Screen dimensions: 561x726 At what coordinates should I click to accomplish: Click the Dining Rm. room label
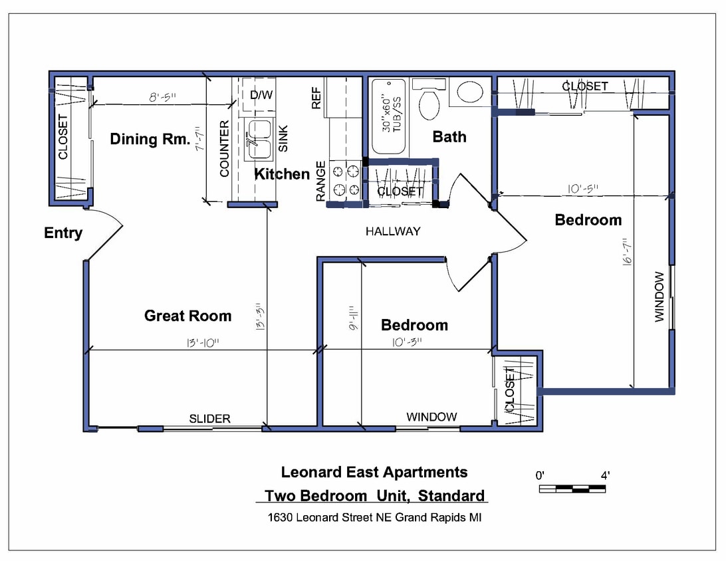tap(150, 139)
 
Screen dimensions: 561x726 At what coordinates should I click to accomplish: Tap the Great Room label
tap(187, 316)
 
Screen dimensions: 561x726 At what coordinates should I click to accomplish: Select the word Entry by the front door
tap(63, 233)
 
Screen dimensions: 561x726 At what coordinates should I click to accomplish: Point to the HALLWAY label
tap(393, 231)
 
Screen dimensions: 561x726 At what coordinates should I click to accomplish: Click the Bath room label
tap(449, 137)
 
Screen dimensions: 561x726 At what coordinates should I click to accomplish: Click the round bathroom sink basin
tap(470, 92)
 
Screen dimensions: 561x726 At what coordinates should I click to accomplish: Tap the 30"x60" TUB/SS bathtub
tap(388, 116)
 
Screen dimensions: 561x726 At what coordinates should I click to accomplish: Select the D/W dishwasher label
tap(261, 95)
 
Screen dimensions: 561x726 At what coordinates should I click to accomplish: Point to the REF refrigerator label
tap(316, 97)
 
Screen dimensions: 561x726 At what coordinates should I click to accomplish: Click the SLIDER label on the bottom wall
tap(210, 419)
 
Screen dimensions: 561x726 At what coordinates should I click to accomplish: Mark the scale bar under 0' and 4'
tap(572, 489)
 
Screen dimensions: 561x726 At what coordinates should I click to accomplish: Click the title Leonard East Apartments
tap(374, 472)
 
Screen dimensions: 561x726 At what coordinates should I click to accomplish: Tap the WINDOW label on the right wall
tap(659, 296)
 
